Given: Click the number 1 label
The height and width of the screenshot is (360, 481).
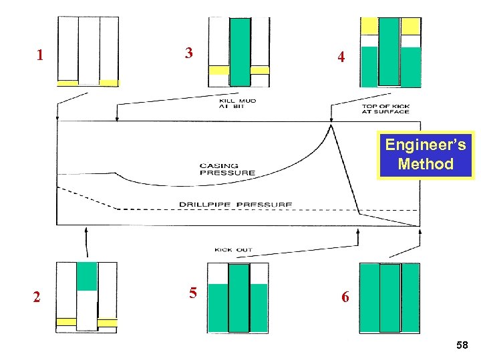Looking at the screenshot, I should pyautogui.click(x=40, y=55).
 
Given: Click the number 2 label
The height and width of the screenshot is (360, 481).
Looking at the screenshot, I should pyautogui.click(x=37, y=297).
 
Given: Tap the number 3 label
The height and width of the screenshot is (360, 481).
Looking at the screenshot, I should pyautogui.click(x=189, y=53).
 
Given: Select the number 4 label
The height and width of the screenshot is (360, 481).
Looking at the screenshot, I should pyautogui.click(x=341, y=57).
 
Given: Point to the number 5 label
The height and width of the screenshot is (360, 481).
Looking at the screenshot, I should pyautogui.click(x=192, y=293).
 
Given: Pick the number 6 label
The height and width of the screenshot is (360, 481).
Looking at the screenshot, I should pyautogui.click(x=345, y=297).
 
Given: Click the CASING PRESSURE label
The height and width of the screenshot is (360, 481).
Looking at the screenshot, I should pyautogui.click(x=227, y=169).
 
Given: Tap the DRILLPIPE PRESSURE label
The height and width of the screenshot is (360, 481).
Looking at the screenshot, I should pyautogui.click(x=235, y=204).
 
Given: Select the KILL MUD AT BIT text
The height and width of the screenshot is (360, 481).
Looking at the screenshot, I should pyautogui.click(x=237, y=104).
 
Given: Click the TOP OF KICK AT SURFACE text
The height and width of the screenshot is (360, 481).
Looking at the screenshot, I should pyautogui.click(x=385, y=109).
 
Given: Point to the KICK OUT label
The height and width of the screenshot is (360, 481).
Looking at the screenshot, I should pyautogui.click(x=233, y=250).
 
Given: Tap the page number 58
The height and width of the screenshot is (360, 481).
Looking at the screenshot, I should pyautogui.click(x=462, y=345).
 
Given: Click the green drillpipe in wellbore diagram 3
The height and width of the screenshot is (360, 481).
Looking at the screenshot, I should pyautogui.click(x=240, y=52).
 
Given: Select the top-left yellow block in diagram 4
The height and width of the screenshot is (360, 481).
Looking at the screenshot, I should pyautogui.click(x=369, y=26).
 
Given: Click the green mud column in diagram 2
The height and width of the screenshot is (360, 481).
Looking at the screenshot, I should pyautogui.click(x=87, y=276).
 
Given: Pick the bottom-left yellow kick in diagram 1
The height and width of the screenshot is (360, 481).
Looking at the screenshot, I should pyautogui.click(x=67, y=83).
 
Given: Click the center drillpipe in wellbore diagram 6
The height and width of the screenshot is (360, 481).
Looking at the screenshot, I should pyautogui.click(x=390, y=297).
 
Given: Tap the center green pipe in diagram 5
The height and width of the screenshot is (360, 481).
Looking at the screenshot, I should pyautogui.click(x=238, y=297).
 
